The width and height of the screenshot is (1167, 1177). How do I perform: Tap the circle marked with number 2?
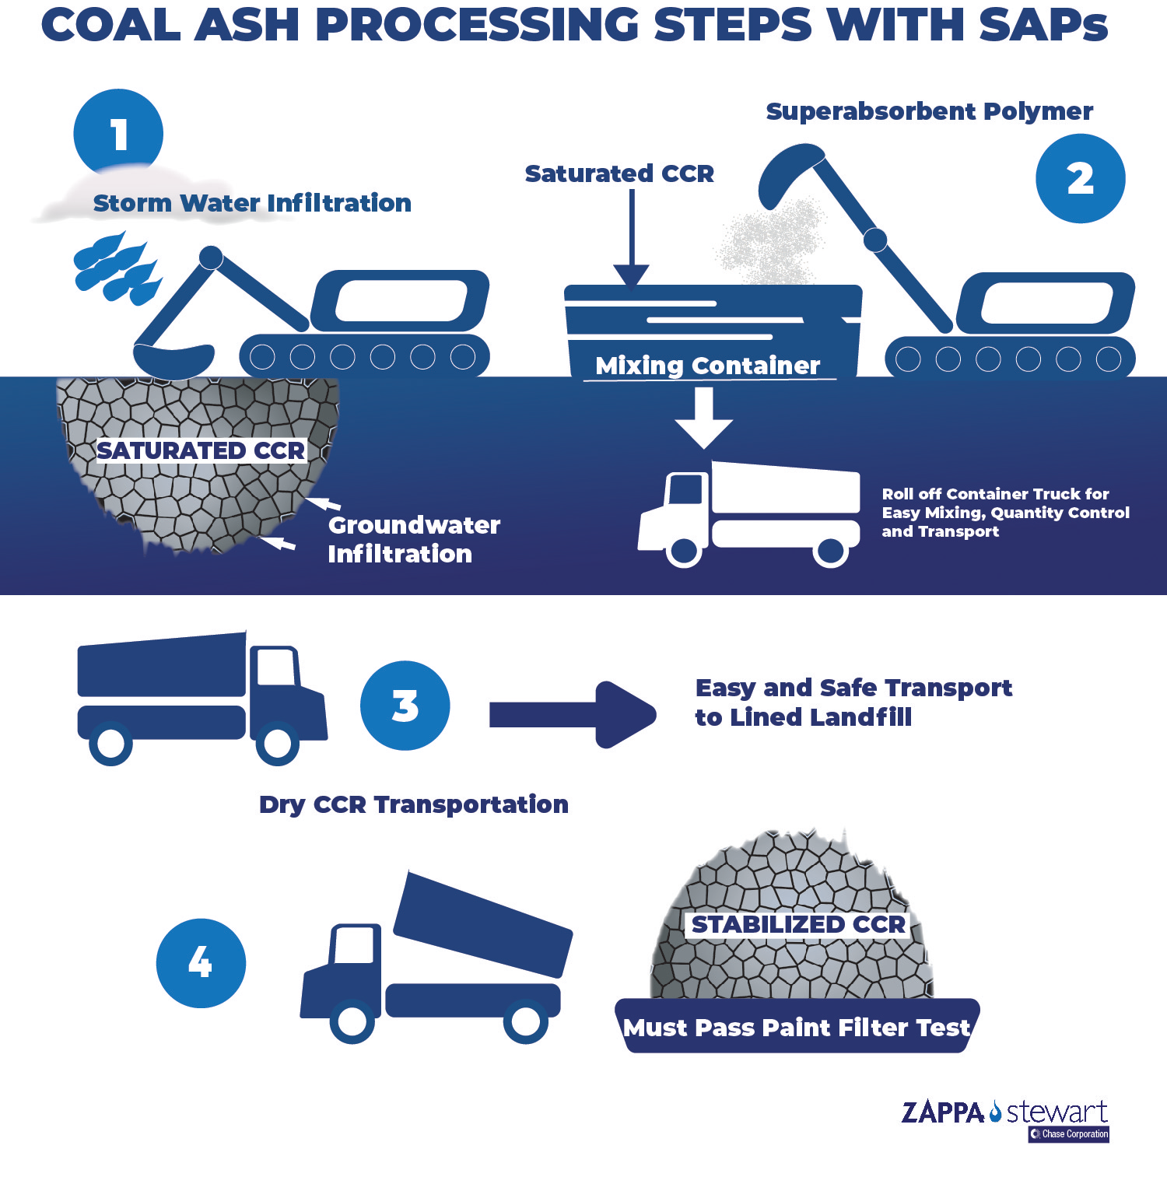1080,179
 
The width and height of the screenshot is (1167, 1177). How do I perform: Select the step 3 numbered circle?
405,706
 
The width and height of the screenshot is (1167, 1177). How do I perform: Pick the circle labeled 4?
201,963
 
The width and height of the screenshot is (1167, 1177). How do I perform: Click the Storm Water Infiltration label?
252,203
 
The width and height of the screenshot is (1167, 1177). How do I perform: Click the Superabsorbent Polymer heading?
929,111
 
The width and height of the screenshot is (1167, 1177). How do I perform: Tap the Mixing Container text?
707,366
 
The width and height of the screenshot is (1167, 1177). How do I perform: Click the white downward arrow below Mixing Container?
703,417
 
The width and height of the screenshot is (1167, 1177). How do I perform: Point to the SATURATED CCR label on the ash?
200,450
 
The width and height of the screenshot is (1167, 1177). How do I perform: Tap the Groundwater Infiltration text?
413,539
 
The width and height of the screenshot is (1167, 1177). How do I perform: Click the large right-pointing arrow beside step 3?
572,714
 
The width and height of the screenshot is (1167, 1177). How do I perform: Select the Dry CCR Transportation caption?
413,804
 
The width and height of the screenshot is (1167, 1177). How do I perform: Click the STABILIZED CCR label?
798,924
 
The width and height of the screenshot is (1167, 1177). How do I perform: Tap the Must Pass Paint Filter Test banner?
797,1028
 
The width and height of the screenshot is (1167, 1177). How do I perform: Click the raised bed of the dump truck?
482,926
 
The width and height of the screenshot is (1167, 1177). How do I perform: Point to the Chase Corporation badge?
1069,1134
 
